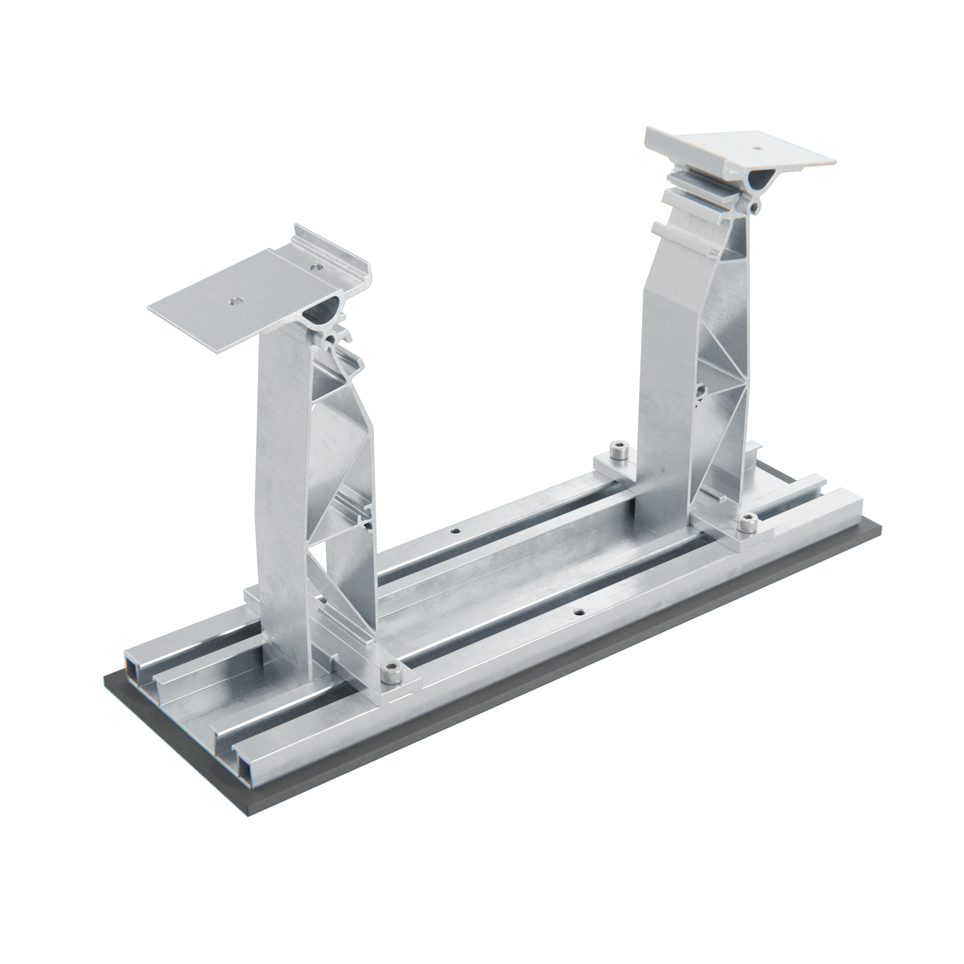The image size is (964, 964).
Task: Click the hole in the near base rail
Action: (579, 611)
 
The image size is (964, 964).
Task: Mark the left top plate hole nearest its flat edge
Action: (234, 301)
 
